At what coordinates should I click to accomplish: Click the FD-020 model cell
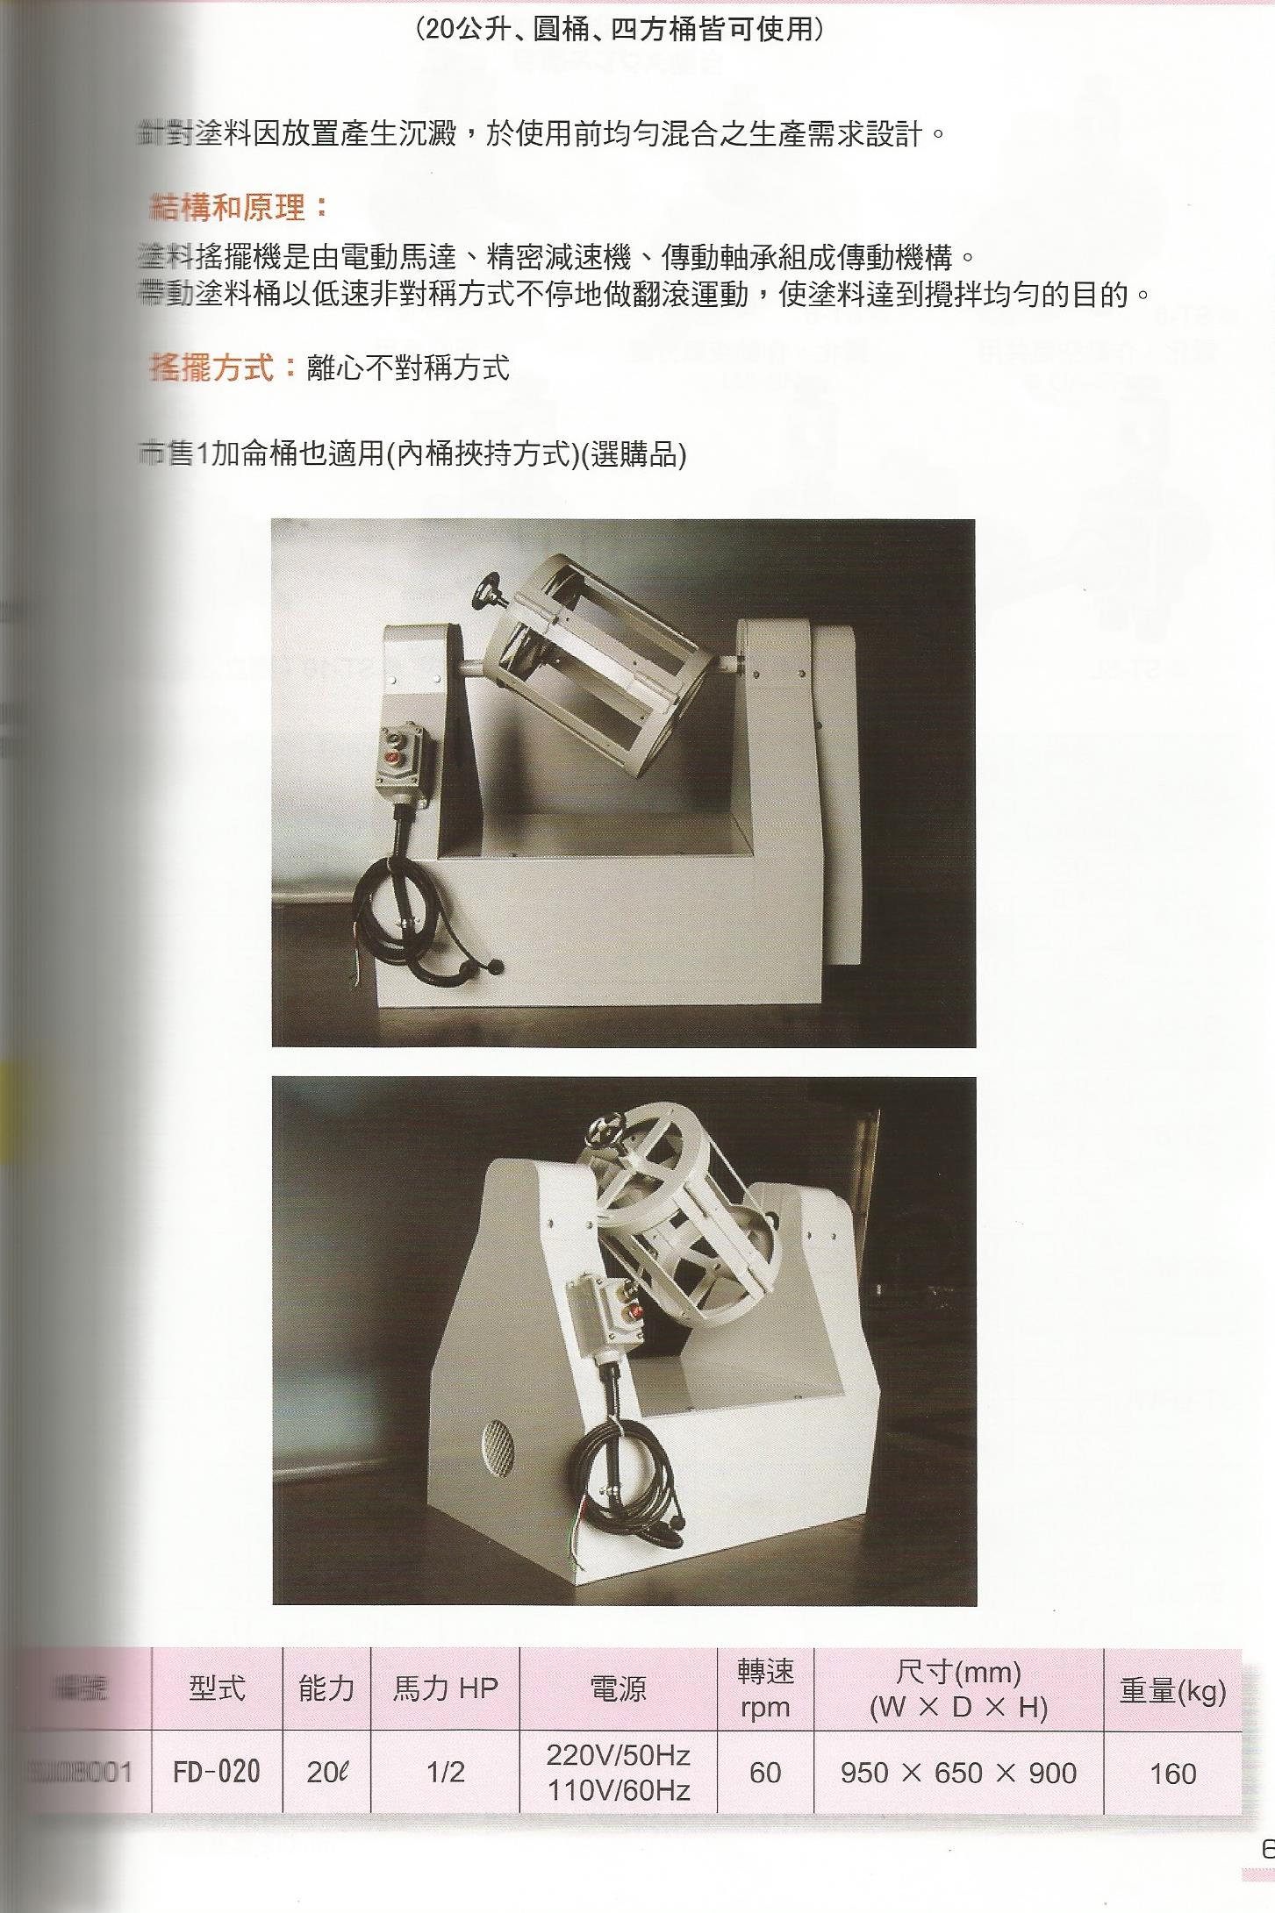[x=217, y=1772]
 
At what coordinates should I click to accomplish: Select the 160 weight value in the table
[x=1172, y=1774]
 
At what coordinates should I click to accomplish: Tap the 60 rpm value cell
[x=765, y=1772]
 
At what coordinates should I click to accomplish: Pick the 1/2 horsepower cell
[x=445, y=1772]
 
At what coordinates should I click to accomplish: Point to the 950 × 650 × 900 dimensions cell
[x=958, y=1773]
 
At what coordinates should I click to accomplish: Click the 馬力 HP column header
[x=445, y=1688]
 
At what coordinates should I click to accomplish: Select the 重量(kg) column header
[x=1172, y=1690]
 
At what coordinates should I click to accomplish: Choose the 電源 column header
[x=619, y=1688]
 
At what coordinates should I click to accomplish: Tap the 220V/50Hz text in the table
[x=619, y=1755]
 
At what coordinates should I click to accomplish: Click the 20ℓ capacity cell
[x=326, y=1772]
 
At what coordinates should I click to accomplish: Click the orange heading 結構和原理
[x=239, y=208]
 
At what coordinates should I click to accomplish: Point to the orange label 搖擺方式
[x=224, y=367]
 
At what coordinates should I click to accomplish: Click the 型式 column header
[x=217, y=1688]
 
